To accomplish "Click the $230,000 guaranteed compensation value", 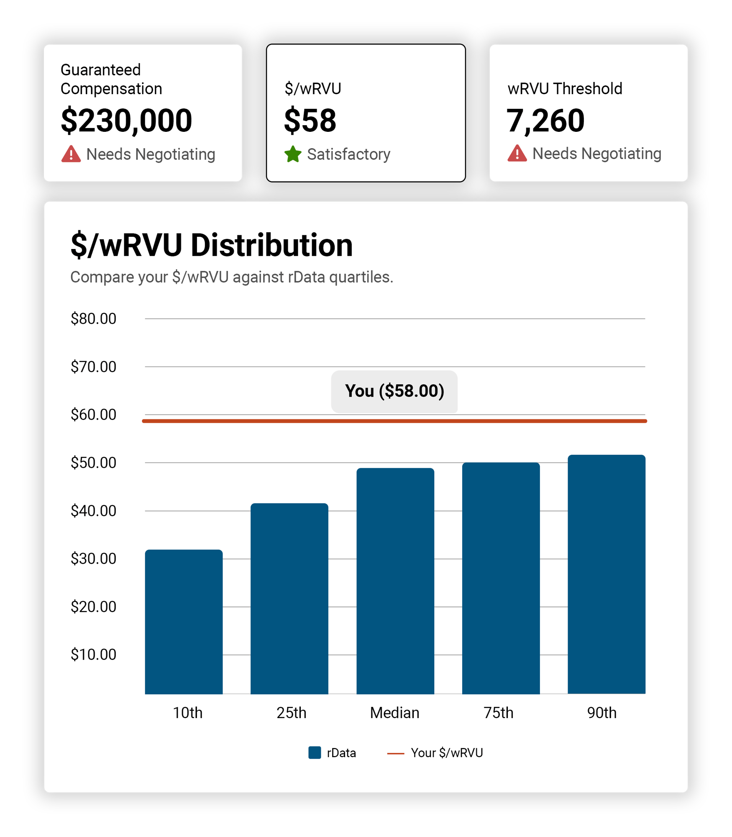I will (x=126, y=121).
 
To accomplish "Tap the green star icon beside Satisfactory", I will (x=293, y=154).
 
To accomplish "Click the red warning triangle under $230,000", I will (x=71, y=154).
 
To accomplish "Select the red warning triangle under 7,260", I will (x=517, y=153).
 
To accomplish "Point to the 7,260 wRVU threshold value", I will (x=545, y=121).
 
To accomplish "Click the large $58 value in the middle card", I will (x=310, y=121).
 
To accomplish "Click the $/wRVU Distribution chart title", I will (x=211, y=245).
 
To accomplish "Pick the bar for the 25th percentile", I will (x=289, y=598).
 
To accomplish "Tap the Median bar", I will (x=395, y=582).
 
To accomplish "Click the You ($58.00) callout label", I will (x=394, y=391).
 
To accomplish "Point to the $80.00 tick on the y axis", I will (x=93, y=319).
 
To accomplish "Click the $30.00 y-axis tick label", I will (x=93, y=559).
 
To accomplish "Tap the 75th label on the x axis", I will (x=498, y=713).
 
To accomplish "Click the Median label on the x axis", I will (x=394, y=713).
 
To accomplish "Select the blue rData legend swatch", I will (x=315, y=752).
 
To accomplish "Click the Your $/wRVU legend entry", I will (x=446, y=753).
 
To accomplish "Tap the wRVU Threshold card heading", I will (x=565, y=89).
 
